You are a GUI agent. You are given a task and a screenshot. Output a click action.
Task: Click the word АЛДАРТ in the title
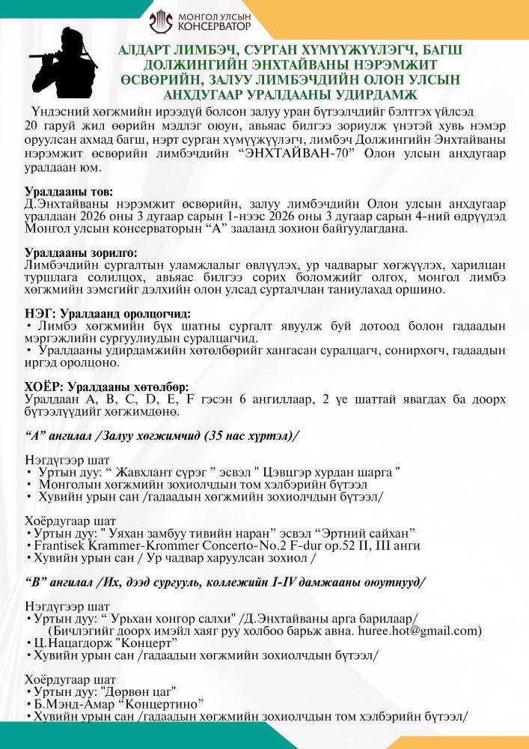click(147, 50)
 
